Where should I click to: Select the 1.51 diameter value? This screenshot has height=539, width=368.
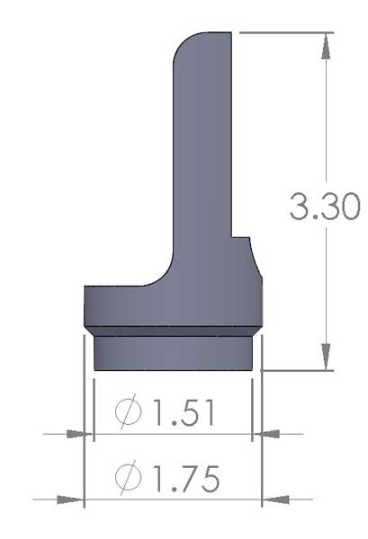click(x=184, y=413)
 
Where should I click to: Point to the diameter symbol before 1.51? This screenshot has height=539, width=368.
click(x=129, y=413)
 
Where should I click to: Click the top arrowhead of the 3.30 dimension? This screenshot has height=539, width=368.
click(x=324, y=41)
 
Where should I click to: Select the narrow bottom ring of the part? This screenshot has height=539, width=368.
click(x=172, y=352)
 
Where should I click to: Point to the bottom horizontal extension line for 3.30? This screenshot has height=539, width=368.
click(x=297, y=369)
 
